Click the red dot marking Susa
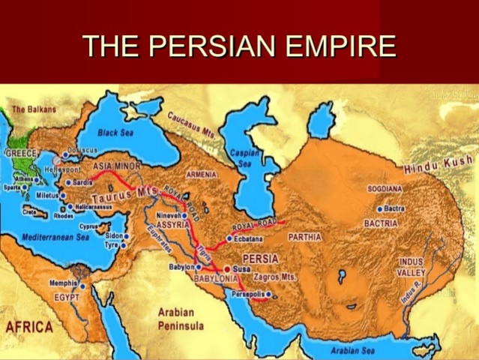(x=227, y=268)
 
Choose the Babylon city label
(x=181, y=267)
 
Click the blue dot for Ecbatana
(x=229, y=238)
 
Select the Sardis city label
(x=81, y=182)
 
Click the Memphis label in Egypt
(x=63, y=283)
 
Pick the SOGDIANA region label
(x=385, y=189)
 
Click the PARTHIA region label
(x=304, y=237)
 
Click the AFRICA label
(x=29, y=327)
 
